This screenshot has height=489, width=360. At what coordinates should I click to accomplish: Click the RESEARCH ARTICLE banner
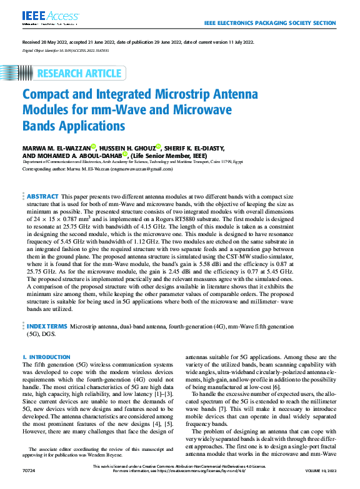(x=79, y=74)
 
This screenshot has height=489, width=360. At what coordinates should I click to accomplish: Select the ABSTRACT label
(x=42, y=196)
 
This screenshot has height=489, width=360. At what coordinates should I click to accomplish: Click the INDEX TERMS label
(x=46, y=326)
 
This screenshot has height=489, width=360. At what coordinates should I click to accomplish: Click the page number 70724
(x=29, y=483)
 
